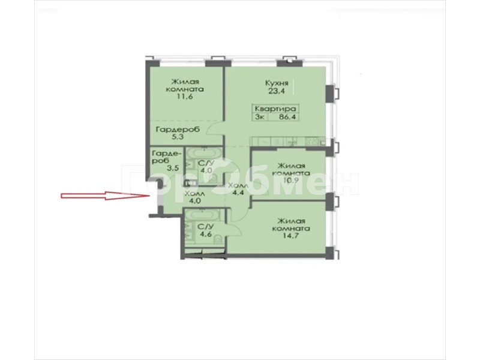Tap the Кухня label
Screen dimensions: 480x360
pyautogui.click(x=277, y=83)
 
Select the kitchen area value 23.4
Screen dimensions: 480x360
pyautogui.click(x=277, y=91)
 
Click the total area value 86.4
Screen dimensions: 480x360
pyautogui.click(x=287, y=116)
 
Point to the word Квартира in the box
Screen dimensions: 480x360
pyautogui.click(x=275, y=109)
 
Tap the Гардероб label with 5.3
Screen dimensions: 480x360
pyautogui.click(x=178, y=130)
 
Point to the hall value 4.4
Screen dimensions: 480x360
pyautogui.click(x=238, y=193)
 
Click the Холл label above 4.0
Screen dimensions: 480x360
pyautogui.click(x=194, y=194)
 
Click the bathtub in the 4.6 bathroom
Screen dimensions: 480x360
pyautogui.click(x=203, y=215)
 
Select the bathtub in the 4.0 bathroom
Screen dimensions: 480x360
pyautogui.click(x=203, y=152)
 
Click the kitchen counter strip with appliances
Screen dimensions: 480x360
pyautogui.click(x=289, y=142)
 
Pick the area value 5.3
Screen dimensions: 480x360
pyautogui.click(x=178, y=137)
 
